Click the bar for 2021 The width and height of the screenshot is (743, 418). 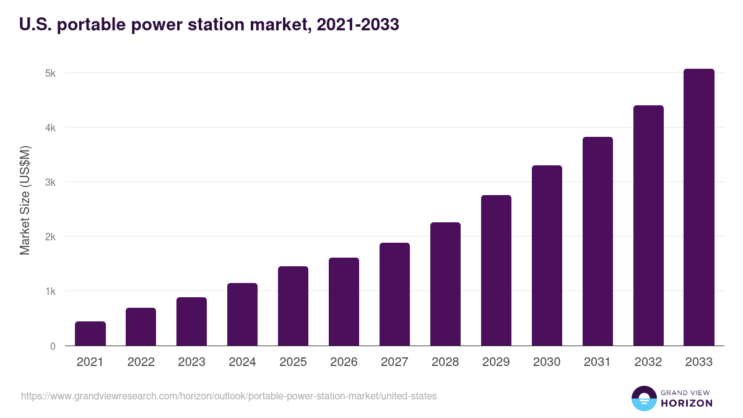pos(90,334)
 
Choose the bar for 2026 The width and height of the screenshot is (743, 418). pos(344,302)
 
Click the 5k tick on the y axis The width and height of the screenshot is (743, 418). pos(50,73)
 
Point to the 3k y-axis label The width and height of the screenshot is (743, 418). pos(50,182)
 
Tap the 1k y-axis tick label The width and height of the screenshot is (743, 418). pos(50,291)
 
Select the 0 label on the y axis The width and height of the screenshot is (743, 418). pos(53,346)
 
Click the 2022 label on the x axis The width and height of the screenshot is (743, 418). pos(141,362)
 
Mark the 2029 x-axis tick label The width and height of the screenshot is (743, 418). pos(496,362)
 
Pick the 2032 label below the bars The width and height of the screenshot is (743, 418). pos(648,362)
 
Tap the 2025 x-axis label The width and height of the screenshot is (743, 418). pos(293,362)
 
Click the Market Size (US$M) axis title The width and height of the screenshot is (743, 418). pos(25,199)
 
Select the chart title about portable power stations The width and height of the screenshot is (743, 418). pos(209,25)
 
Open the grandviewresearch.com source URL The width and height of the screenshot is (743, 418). pos(228,396)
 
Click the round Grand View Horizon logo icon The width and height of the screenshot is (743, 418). pos(643,398)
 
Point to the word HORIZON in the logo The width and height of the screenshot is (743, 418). pos(687,403)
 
